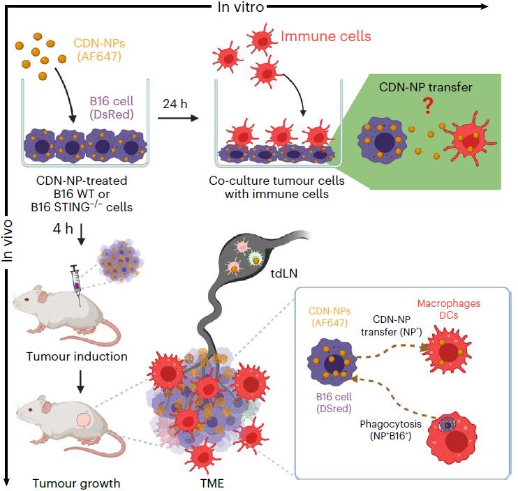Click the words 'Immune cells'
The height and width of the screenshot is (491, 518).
coord(321,36)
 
